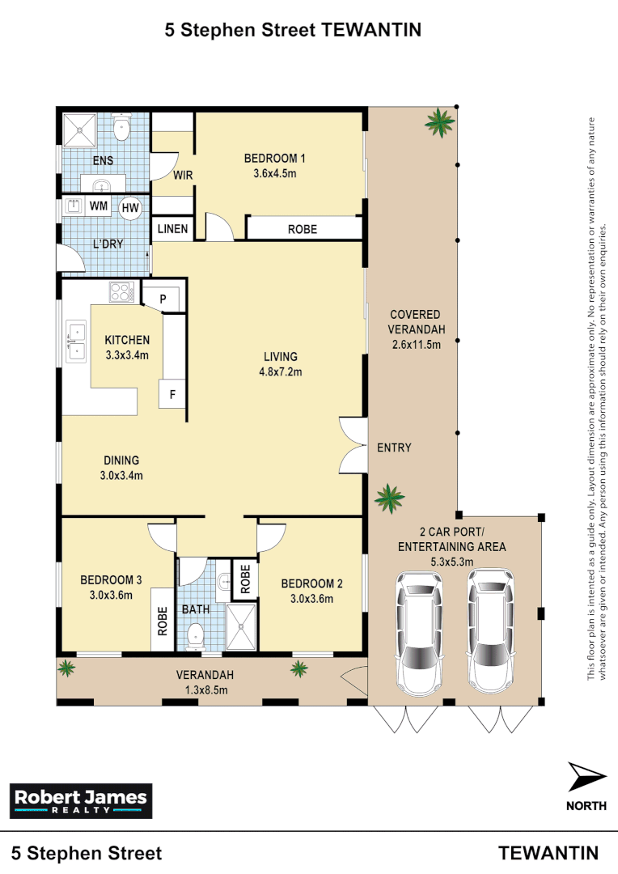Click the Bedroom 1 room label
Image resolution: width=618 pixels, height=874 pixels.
pos(274,159)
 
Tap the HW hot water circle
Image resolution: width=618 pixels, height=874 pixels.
pos(130,208)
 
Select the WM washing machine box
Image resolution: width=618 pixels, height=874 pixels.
pos(99,206)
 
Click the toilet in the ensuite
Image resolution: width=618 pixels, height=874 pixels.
pos(122,126)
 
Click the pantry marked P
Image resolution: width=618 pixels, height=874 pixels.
pos(163,299)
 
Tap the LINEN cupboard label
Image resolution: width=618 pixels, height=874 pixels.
pos(172,229)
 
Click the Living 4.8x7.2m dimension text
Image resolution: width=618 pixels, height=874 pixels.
pos(281,372)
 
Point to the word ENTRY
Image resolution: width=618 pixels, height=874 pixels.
pos(394,448)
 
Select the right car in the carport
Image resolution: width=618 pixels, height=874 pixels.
pos(490,629)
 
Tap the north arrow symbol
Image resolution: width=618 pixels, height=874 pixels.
pos(586,777)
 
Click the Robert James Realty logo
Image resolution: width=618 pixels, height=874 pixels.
pos(80,801)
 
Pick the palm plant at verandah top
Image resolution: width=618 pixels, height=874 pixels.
pos(440,122)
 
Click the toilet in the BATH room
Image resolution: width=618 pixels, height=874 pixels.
pos(194,636)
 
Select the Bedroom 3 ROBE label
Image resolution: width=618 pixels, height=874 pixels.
pos(162,621)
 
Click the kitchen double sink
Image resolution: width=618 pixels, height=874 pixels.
pos(76,341)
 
